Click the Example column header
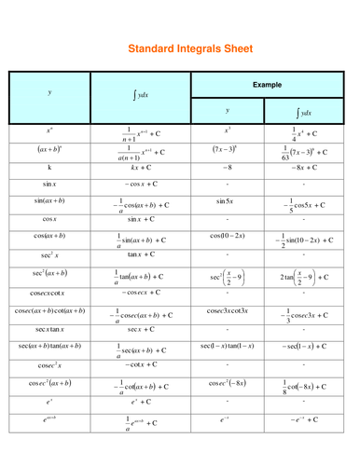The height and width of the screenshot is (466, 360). (266, 84)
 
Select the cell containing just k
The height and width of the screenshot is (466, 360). (49, 168)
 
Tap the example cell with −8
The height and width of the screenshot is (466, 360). (227, 168)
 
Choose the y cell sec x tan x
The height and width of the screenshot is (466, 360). (49, 329)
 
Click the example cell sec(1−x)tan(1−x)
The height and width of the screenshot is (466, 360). (227, 346)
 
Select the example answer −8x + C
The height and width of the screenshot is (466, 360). (305, 168)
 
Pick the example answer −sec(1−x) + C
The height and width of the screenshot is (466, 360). (305, 346)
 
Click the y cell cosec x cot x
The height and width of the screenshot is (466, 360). (49, 292)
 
